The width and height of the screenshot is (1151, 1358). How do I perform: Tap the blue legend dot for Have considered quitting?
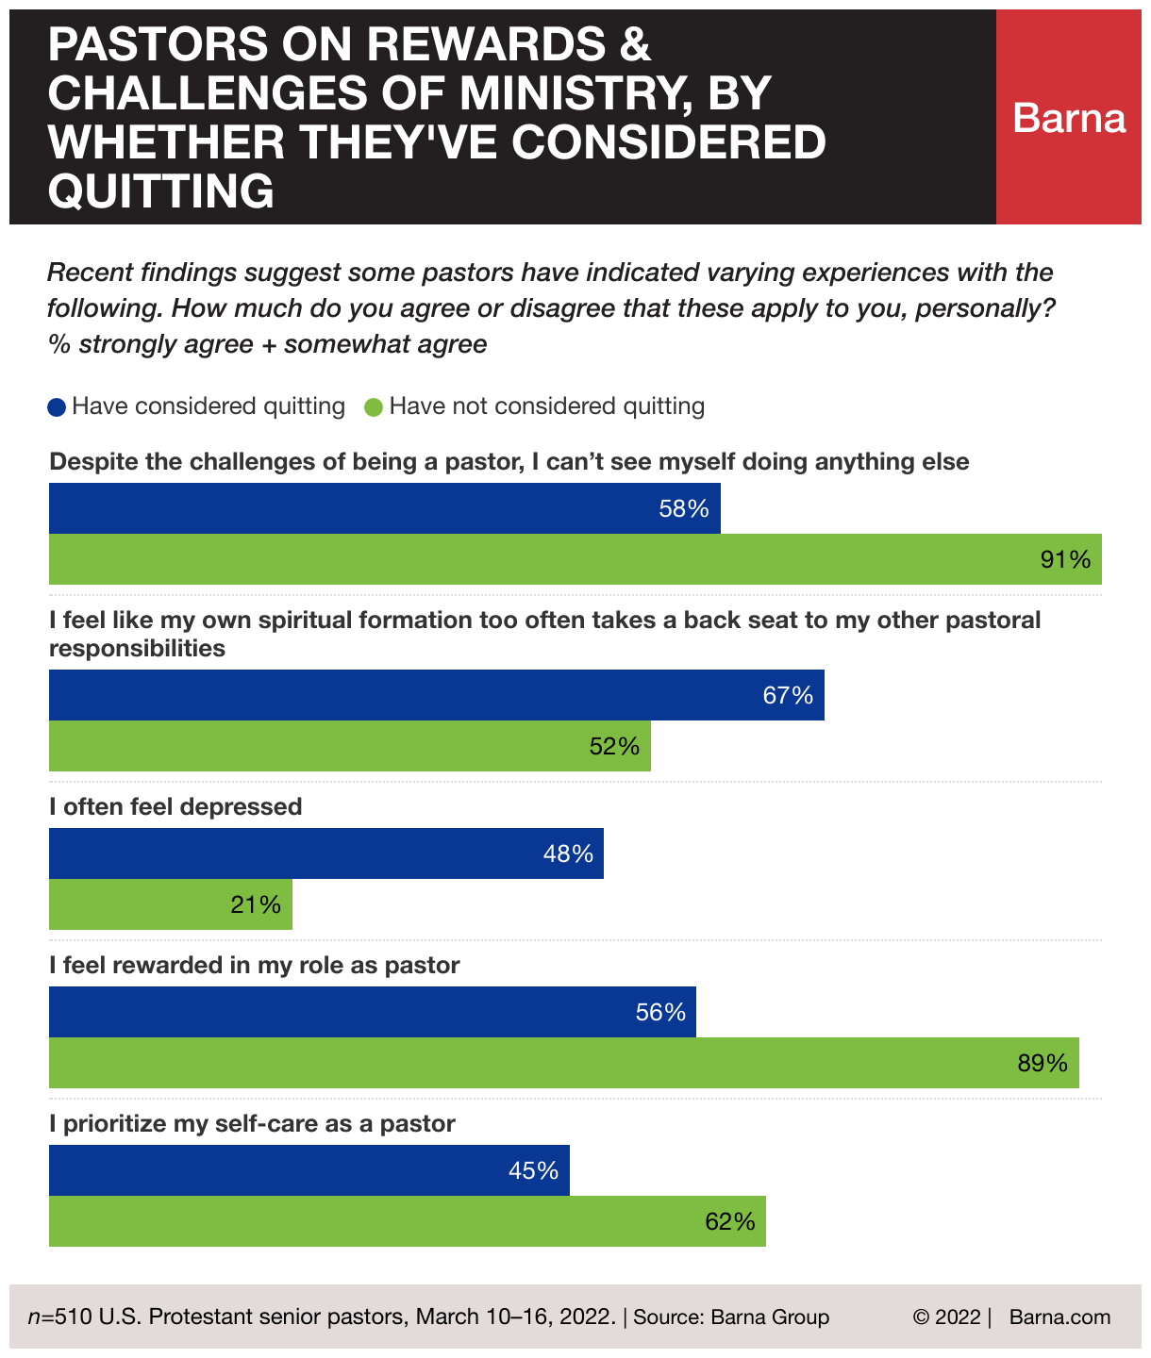pyautogui.click(x=58, y=407)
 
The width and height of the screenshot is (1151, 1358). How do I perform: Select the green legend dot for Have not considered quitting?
pyautogui.click(x=375, y=407)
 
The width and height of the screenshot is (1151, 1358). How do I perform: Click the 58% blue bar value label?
pyautogui.click(x=684, y=509)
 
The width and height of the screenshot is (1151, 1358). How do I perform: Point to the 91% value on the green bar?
pyautogui.click(x=1065, y=560)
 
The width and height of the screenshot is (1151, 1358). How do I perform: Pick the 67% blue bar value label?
pyautogui.click(x=788, y=696)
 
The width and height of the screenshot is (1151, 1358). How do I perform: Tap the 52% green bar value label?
pyautogui.click(x=614, y=747)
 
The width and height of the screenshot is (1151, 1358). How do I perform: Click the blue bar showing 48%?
pyautogui.click(x=325, y=853)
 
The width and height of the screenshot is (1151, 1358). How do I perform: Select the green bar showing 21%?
pyautogui.click(x=170, y=904)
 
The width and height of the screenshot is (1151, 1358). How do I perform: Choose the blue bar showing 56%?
pyautogui.click(x=372, y=1012)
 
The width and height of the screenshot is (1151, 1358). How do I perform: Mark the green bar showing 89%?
pyautogui.click(x=563, y=1063)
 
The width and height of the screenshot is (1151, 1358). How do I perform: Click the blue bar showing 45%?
pyautogui.click(x=309, y=1170)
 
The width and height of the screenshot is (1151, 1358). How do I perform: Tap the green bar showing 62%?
pyautogui.click(x=407, y=1221)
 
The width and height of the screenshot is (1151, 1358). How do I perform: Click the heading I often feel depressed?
pyautogui.click(x=175, y=807)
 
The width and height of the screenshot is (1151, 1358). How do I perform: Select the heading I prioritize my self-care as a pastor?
pyautogui.click(x=252, y=1124)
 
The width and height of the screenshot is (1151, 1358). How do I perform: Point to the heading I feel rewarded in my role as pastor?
pyautogui.click(x=254, y=966)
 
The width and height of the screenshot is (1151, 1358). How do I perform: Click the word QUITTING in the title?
pyautogui.click(x=161, y=191)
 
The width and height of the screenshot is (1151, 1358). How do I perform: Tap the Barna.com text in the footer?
pyautogui.click(x=1059, y=1317)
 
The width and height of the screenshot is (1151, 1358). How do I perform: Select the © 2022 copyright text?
pyautogui.click(x=946, y=1317)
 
